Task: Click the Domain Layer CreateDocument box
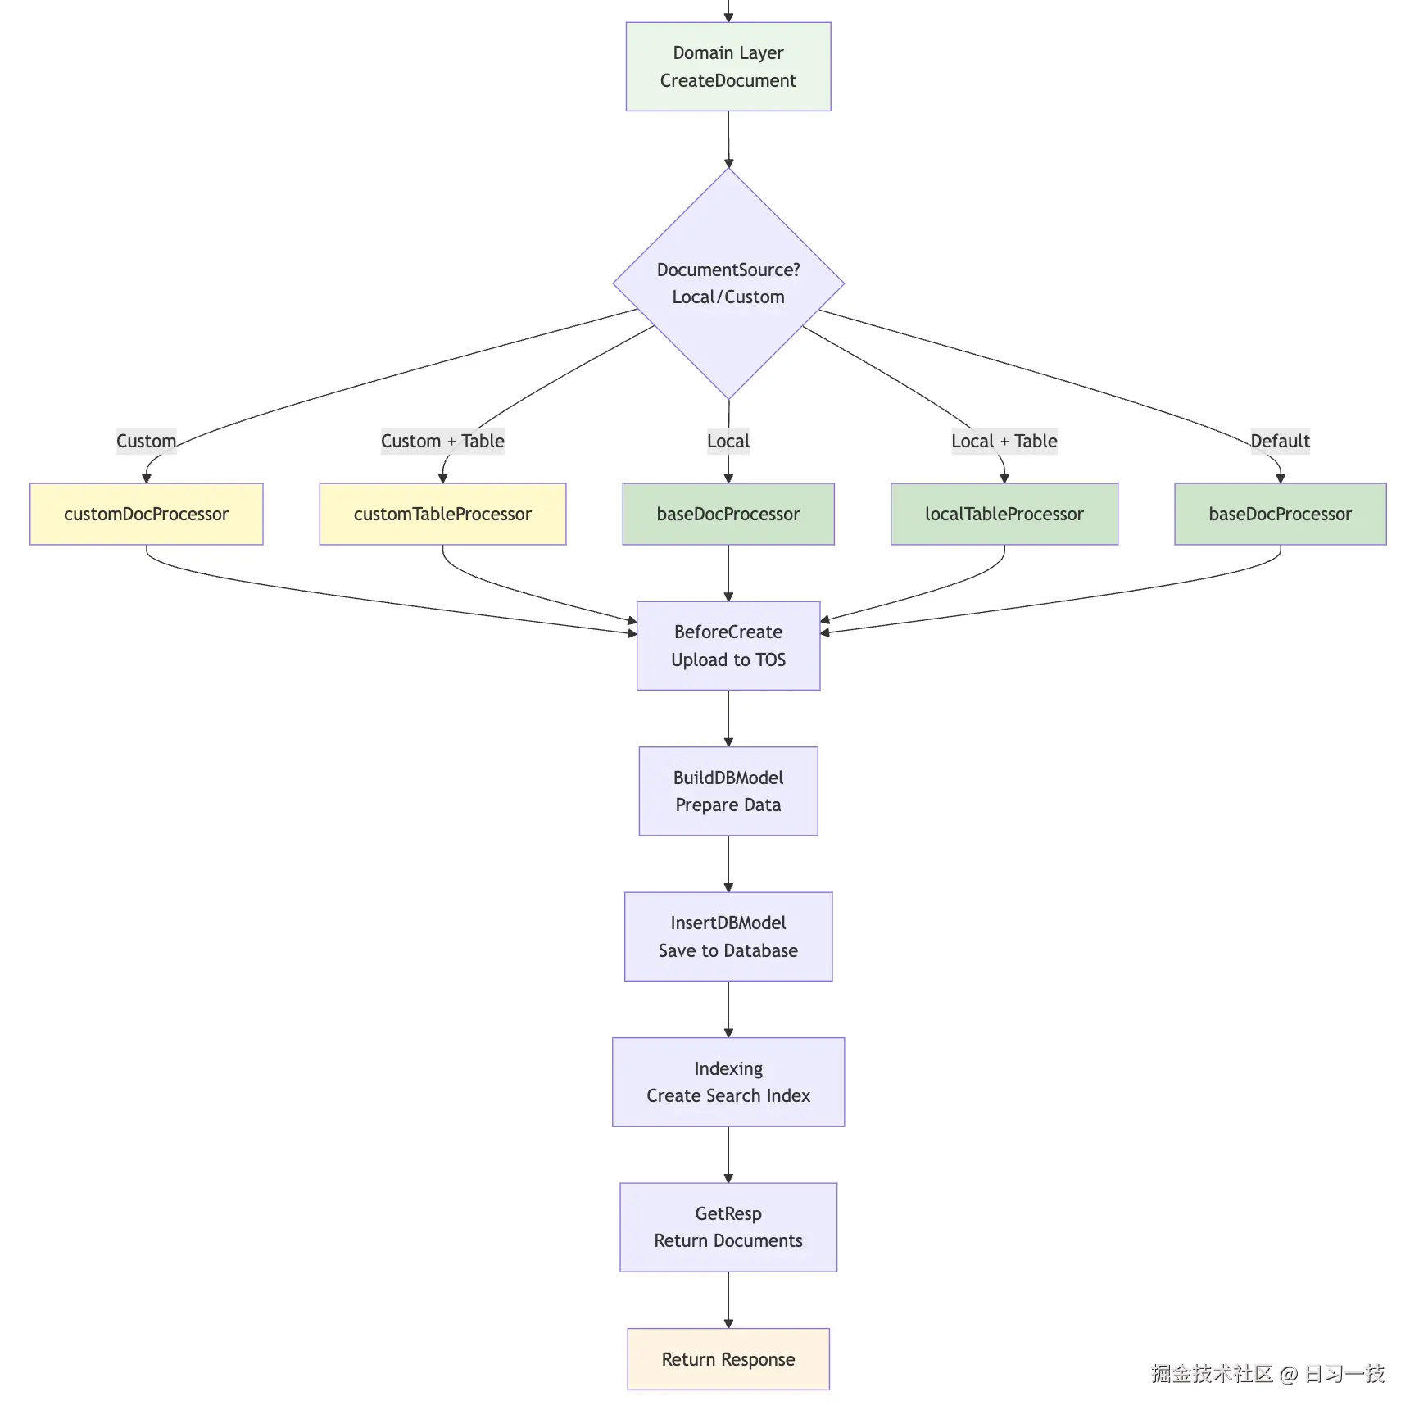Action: click(x=728, y=66)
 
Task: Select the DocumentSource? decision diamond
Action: click(x=728, y=283)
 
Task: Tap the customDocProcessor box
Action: click(x=146, y=514)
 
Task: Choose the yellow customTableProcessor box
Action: click(x=442, y=514)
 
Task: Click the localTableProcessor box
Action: click(x=1004, y=514)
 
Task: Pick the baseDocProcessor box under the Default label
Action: click(x=1280, y=514)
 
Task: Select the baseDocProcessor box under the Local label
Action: click(x=728, y=514)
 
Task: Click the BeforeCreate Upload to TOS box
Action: click(x=728, y=646)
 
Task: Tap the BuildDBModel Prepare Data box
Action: click(x=728, y=791)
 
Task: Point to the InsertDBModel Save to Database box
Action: click(x=728, y=936)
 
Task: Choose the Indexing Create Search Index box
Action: click(x=728, y=1081)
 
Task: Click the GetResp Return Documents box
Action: click(x=728, y=1226)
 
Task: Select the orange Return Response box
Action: click(x=728, y=1359)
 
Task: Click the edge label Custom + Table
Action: click(x=442, y=441)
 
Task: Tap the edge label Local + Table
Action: click(x=1004, y=441)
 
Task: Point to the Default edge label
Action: click(x=1280, y=441)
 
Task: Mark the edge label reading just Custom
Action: click(x=146, y=441)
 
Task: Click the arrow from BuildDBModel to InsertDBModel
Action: click(x=728, y=864)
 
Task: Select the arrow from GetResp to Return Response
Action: click(x=728, y=1299)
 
